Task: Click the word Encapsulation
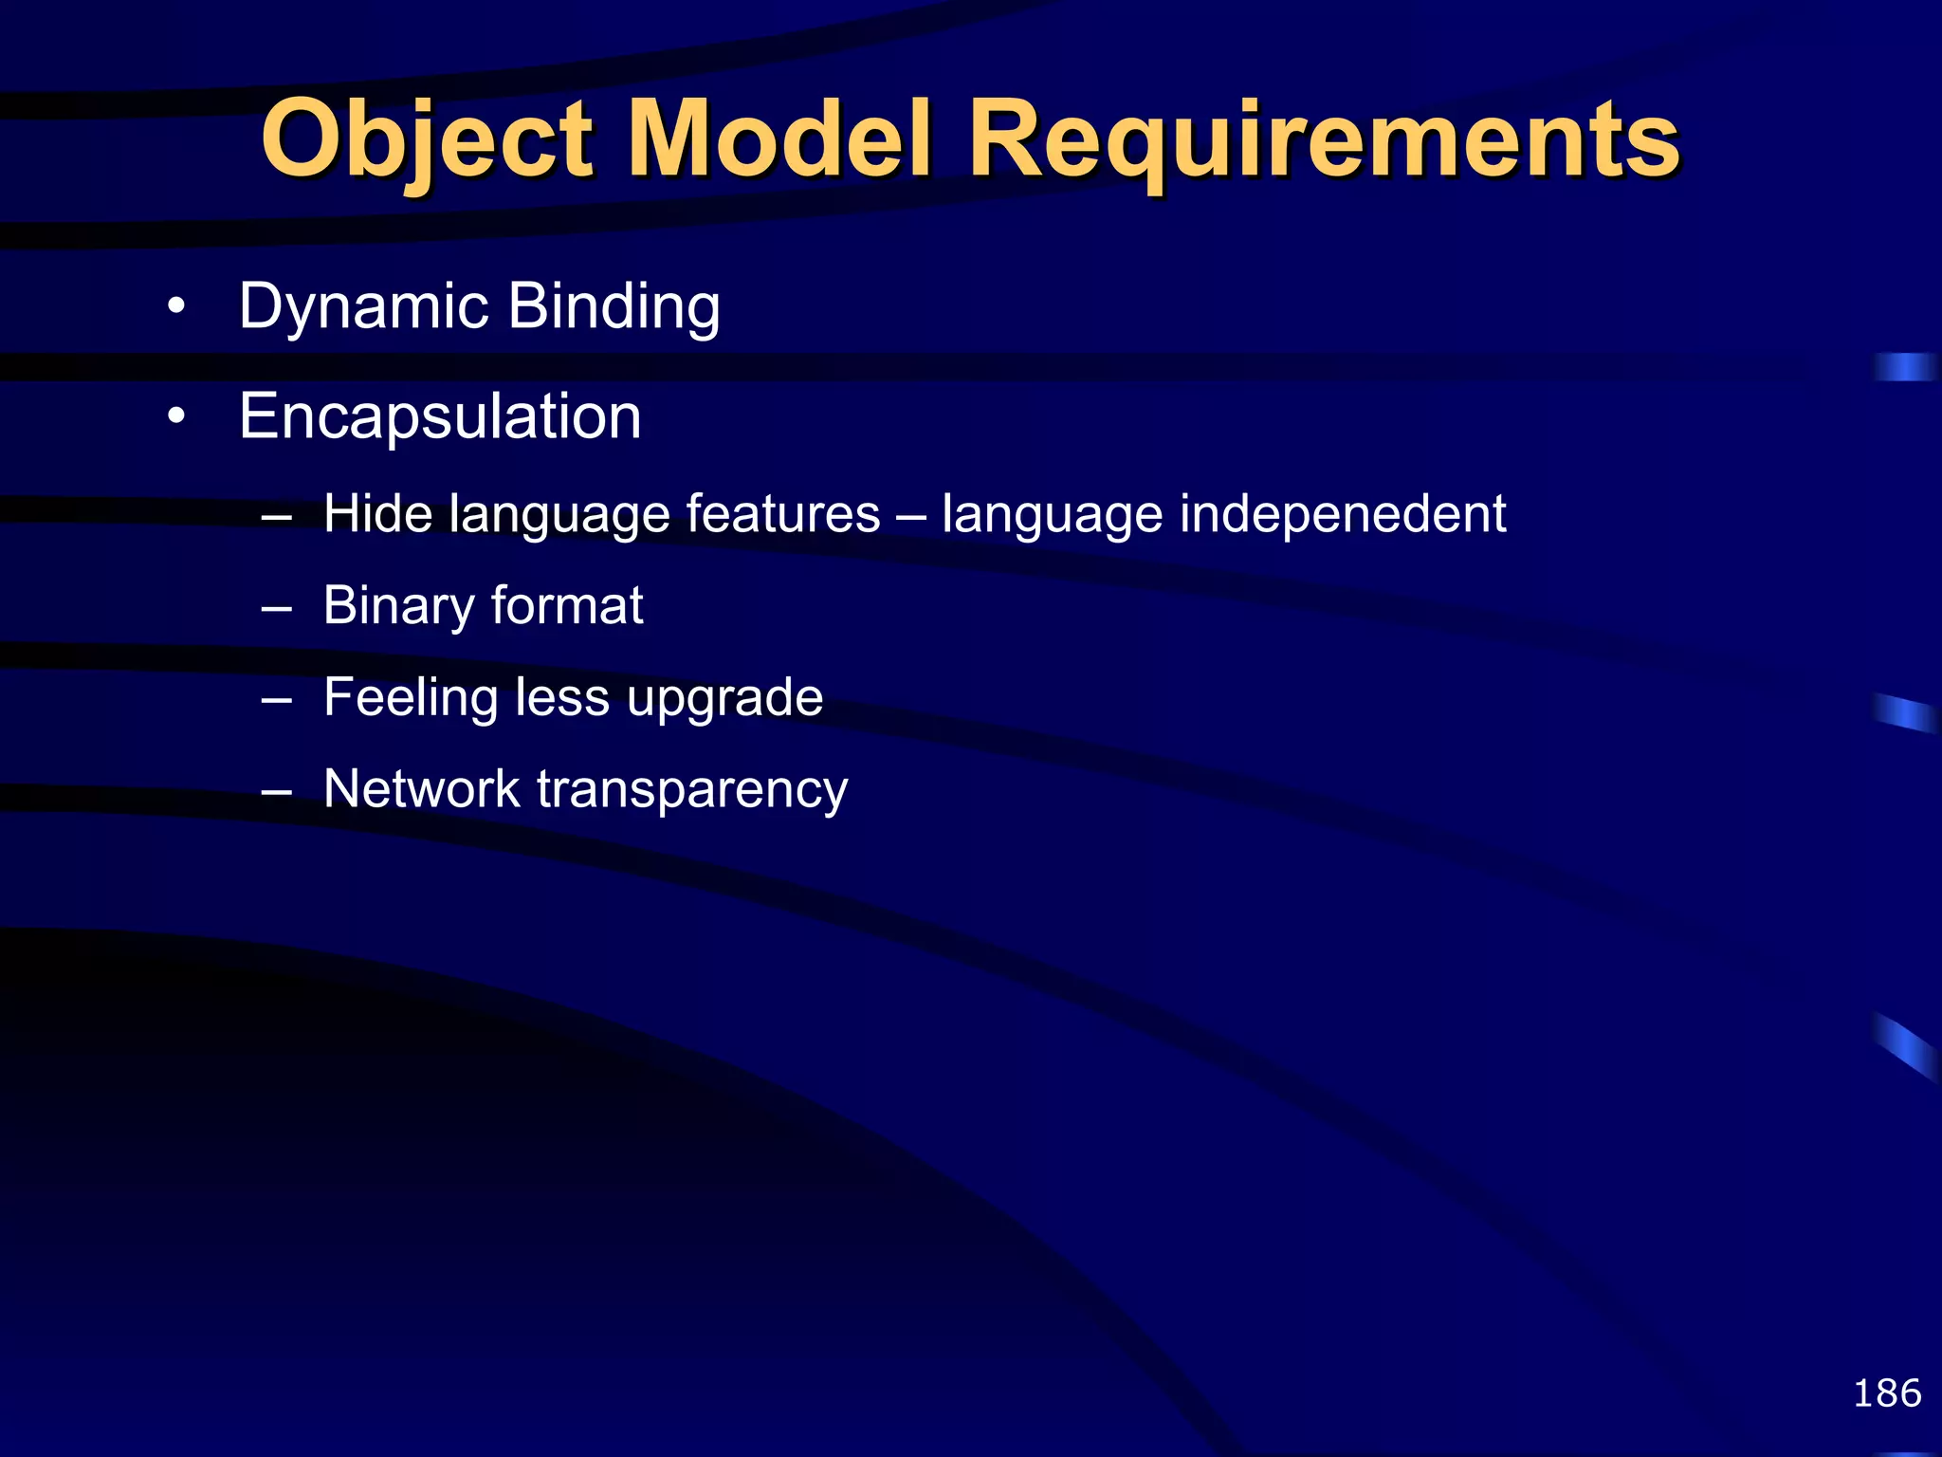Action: pos(440,416)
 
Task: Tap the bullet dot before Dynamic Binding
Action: pos(175,307)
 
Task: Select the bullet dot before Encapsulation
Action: pos(175,417)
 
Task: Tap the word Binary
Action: pos(397,605)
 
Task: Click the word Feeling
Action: pos(410,697)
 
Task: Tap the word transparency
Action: pos(692,788)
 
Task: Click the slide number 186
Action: pos(1886,1393)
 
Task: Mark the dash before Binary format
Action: pos(276,608)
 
